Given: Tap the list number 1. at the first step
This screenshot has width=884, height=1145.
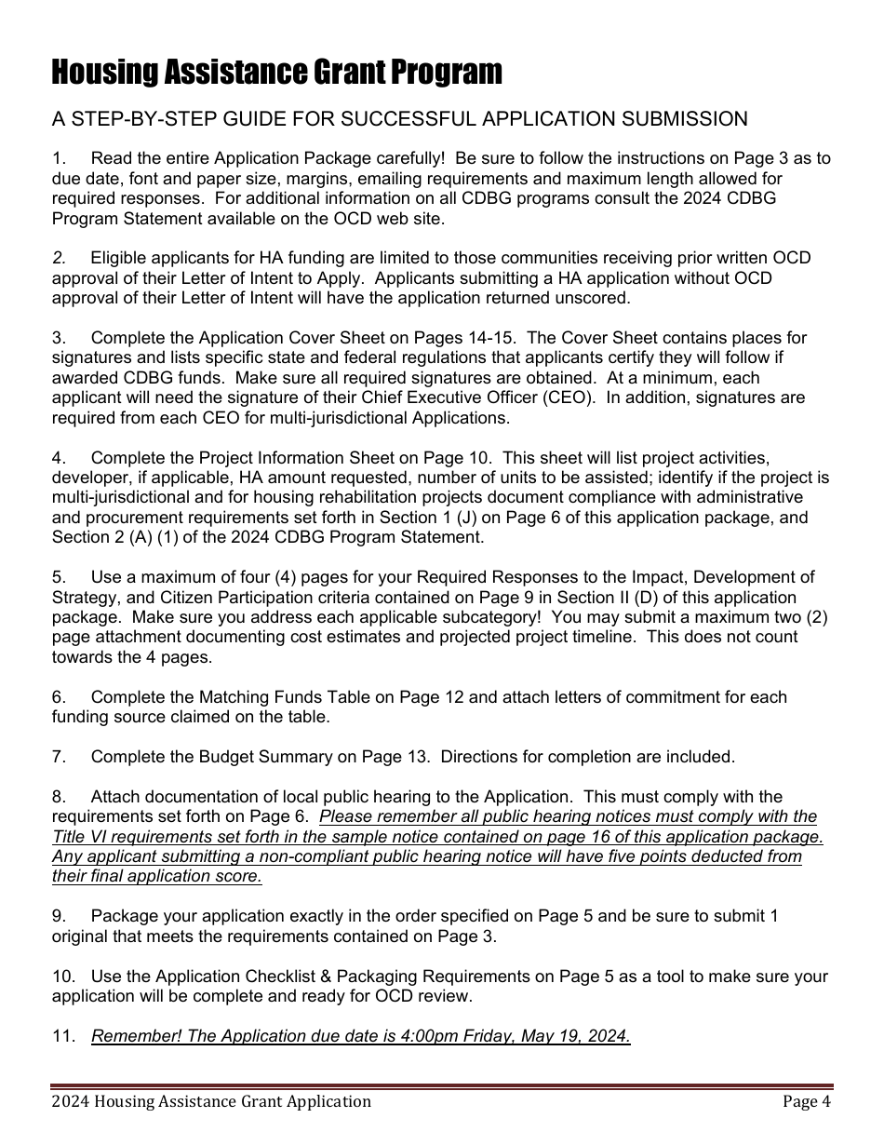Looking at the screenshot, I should [x=59, y=158].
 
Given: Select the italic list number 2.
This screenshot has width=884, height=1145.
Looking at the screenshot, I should [x=59, y=258].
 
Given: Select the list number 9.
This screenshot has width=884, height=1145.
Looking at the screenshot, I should [x=59, y=916].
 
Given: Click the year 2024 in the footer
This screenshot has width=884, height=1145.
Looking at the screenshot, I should [x=70, y=1102].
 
